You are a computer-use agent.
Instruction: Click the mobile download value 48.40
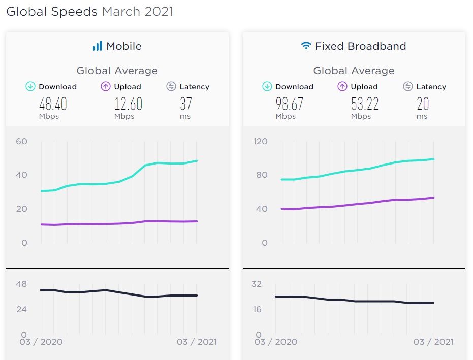tap(53, 104)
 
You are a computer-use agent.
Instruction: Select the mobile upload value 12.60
tap(128, 104)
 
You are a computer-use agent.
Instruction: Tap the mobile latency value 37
tap(185, 104)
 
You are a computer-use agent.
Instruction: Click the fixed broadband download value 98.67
tap(290, 104)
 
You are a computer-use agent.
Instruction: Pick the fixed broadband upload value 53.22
tap(365, 104)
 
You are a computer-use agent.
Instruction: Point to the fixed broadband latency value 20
tap(422, 104)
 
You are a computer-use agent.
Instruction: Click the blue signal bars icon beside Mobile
tap(97, 46)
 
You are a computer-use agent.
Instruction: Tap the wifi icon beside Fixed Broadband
tap(306, 46)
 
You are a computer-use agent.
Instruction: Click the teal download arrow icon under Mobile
tap(30, 87)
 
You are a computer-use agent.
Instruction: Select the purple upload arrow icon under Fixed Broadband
tap(342, 87)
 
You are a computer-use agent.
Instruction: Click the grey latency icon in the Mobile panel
tap(171, 87)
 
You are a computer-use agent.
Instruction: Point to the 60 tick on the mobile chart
tap(21, 141)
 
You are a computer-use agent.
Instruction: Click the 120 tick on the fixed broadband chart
tap(260, 141)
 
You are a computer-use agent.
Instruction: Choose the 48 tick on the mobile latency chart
tap(21, 284)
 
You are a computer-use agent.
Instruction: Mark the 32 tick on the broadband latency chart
tap(257, 284)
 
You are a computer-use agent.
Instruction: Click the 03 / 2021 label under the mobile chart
tap(197, 342)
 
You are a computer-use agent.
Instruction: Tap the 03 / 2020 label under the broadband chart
tap(275, 342)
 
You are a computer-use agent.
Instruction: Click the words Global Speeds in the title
tap(51, 12)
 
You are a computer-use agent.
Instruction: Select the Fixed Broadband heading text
tap(360, 46)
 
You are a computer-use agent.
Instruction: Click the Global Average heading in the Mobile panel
tap(117, 71)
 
